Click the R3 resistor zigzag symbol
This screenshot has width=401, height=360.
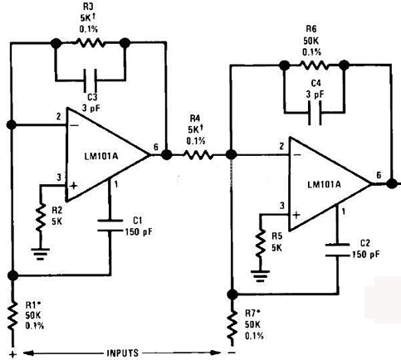(90, 43)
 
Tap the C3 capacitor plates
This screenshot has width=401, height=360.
(90, 80)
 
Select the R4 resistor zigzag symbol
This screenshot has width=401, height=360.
(198, 155)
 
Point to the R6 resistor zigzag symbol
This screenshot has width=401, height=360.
(315, 66)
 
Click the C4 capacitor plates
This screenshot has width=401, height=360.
(315, 113)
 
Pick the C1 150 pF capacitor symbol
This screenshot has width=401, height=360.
(110, 225)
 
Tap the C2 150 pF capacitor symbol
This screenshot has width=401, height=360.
(337, 250)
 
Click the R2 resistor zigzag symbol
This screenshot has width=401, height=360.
(41, 217)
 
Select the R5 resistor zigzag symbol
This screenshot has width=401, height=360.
(260, 243)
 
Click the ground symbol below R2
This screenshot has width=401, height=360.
(41, 255)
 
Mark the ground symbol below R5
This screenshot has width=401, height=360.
(260, 276)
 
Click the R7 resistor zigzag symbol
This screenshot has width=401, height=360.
(232, 324)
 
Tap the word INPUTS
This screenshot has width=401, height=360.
(123, 353)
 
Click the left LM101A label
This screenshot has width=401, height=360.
(101, 157)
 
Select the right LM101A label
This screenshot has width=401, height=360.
(324, 184)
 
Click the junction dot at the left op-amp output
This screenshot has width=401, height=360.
(166, 154)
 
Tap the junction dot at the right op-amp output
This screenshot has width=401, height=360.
(391, 183)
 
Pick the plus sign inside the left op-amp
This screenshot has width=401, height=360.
(73, 186)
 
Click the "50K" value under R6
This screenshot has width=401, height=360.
(311, 41)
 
